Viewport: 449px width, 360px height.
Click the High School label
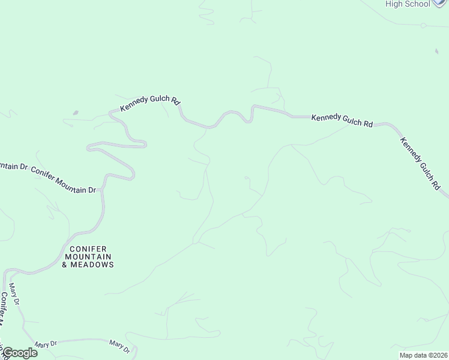408,4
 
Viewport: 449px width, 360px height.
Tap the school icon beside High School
441,3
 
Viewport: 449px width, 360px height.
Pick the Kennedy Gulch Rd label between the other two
342,120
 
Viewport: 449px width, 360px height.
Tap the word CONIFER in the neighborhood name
88,249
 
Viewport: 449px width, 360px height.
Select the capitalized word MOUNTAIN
88,257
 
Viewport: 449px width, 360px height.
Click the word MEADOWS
92,265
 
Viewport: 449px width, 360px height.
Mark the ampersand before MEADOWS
65,265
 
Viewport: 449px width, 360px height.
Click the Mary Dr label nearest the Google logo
46,344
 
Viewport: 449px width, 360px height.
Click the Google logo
20,353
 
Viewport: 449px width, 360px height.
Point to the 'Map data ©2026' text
423,355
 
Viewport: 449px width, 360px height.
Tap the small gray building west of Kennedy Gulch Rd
74,112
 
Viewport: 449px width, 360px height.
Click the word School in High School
417,4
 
